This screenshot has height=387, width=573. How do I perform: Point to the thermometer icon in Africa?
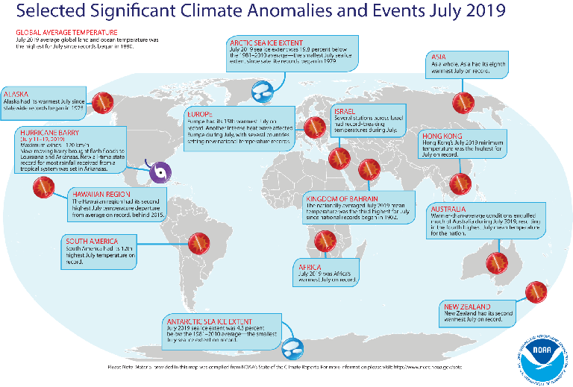(325, 240)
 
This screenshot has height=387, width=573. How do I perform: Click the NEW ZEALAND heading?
(467, 306)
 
